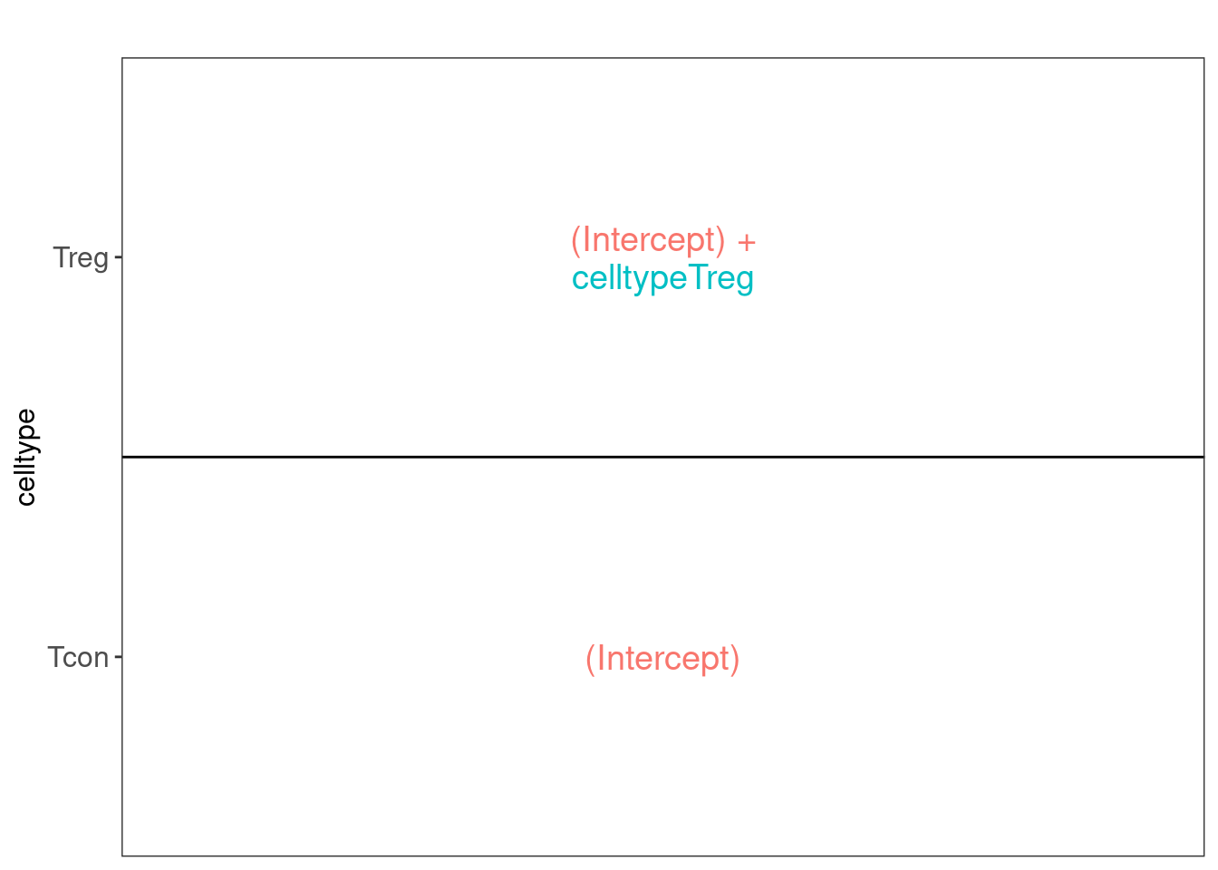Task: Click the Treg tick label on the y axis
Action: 81,258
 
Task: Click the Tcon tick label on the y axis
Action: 78,658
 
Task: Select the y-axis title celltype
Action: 26,458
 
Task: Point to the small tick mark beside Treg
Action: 118,257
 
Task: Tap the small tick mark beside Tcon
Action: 118,657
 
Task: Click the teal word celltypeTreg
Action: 662,279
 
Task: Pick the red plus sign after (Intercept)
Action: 747,243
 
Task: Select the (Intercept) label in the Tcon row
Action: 662,660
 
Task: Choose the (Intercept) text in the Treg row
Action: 648,240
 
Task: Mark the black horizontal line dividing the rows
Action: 662,458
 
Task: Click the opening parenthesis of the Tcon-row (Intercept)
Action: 590,660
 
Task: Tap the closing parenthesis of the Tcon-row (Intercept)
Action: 735,660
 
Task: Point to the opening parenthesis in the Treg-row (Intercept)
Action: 575,241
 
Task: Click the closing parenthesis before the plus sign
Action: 720,241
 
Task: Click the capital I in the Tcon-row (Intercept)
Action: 600,658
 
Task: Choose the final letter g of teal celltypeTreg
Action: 746,282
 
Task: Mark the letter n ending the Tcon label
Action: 102,660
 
